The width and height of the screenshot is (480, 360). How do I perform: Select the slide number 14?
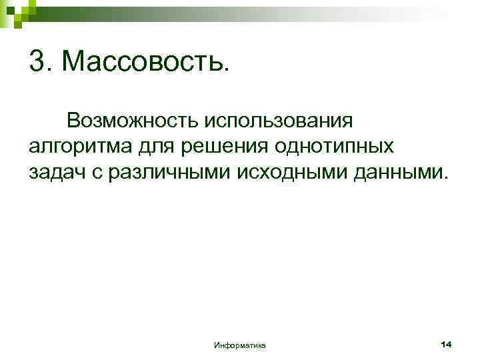[446, 343]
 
